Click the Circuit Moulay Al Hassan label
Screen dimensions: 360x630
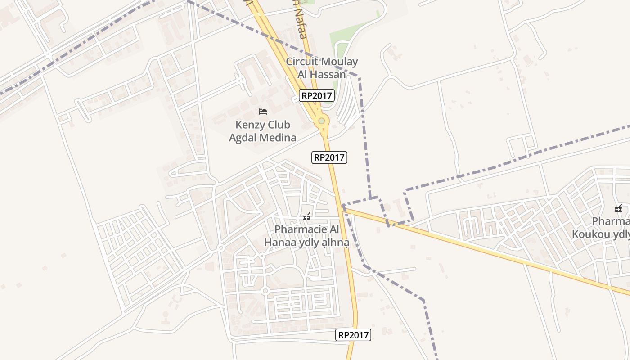click(322, 68)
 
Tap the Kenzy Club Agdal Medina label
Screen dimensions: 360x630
click(263, 131)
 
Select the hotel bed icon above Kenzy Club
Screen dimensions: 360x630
click(263, 111)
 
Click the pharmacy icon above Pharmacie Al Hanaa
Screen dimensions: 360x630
click(307, 216)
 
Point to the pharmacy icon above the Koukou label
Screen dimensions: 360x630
click(618, 208)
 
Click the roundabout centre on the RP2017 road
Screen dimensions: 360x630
click(321, 121)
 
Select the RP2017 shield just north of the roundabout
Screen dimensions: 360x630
click(317, 95)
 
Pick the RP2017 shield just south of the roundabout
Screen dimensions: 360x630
click(329, 157)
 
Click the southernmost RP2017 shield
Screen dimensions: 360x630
click(353, 335)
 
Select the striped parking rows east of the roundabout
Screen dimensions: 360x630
click(347, 106)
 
